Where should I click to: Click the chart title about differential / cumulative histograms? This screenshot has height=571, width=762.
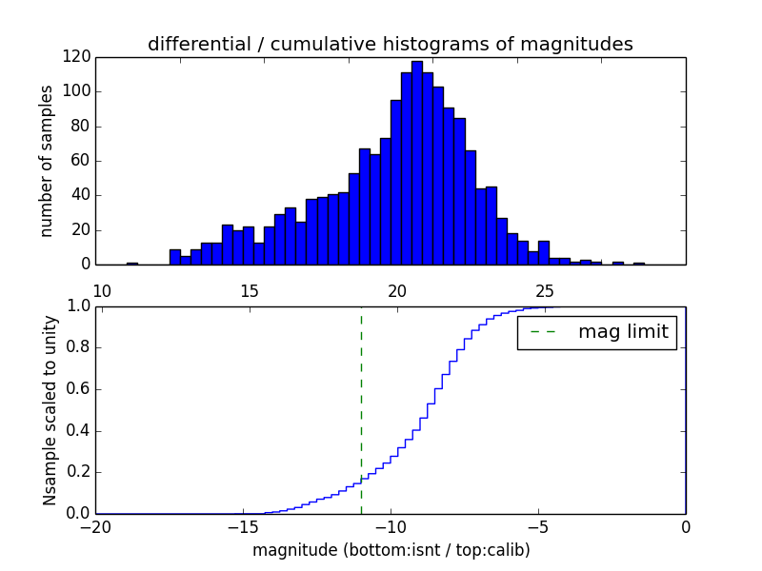pos(390,44)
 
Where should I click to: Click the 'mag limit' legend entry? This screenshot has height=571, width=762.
pos(596,332)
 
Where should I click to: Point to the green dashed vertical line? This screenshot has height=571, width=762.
pos(361,409)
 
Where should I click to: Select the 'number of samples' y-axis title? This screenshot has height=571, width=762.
pos(46,161)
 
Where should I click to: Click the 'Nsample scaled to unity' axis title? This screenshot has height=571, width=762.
pos(50,409)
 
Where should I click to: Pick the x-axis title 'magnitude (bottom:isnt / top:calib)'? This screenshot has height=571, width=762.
pos(391,550)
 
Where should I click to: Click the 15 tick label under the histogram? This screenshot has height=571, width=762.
pos(250,290)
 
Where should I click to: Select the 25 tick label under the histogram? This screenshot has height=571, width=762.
pos(545,290)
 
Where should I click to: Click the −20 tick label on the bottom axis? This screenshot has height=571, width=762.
pos(95,527)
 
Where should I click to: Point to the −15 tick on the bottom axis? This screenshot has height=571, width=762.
pos(242,527)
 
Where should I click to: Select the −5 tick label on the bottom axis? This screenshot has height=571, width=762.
pos(537,527)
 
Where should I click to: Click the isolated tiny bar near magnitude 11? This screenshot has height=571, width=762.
pos(131,263)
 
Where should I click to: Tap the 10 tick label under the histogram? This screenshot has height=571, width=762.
pos(102,290)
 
